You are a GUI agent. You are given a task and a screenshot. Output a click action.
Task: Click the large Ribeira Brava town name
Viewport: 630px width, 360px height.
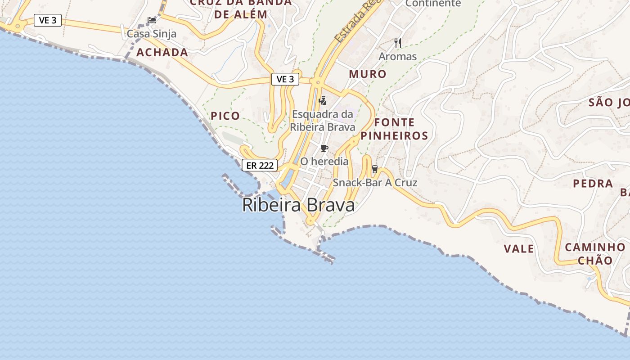tap(298, 205)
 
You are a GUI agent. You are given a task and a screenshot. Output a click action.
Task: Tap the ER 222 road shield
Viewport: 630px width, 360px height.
tap(260, 165)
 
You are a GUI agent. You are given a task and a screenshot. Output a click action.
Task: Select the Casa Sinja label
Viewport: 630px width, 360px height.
tap(152, 34)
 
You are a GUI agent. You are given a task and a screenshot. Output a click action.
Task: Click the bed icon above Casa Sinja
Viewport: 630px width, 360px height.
tap(152, 20)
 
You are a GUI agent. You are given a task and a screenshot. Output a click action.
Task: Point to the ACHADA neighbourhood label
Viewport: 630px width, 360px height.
tap(162, 52)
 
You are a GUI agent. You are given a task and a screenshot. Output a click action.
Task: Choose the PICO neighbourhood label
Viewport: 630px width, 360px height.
tap(225, 116)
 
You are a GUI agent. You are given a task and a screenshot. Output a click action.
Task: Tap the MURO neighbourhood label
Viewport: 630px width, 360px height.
tap(368, 74)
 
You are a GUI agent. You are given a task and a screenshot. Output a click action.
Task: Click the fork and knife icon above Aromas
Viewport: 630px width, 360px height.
tap(398, 43)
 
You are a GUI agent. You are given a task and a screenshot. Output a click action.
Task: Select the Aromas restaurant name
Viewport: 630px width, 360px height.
tap(398, 57)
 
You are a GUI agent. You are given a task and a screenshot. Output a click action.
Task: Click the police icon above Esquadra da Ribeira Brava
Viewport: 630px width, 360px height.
tap(322, 100)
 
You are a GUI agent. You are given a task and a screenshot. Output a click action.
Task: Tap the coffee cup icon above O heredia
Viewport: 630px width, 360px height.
tap(324, 148)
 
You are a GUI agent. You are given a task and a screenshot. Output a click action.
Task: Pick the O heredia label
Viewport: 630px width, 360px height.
tap(324, 161)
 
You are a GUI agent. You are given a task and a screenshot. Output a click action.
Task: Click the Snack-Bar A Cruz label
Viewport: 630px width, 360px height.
tap(375, 183)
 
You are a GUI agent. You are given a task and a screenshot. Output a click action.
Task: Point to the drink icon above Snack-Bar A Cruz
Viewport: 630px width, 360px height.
tap(374, 169)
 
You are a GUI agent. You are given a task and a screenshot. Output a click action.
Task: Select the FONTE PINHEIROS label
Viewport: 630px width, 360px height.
tap(394, 129)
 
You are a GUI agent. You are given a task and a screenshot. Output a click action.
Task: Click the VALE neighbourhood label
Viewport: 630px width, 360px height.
tap(519, 248)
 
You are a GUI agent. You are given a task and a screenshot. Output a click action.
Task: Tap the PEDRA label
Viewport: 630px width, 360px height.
tap(593, 184)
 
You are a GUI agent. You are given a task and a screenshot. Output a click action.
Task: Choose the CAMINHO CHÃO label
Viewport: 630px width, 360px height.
tap(595, 254)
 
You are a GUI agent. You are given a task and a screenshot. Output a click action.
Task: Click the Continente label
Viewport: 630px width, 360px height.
tap(433, 4)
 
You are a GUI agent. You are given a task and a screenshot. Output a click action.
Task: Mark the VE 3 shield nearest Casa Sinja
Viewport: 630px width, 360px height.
tap(48, 20)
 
